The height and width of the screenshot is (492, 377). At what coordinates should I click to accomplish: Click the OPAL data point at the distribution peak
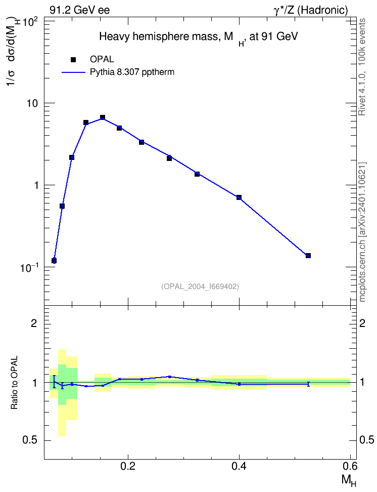[103, 117]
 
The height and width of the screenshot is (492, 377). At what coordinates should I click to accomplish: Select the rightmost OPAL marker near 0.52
[308, 256]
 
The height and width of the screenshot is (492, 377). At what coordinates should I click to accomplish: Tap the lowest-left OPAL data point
[54, 261]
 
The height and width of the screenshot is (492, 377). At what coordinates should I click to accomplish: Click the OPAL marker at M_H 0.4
[239, 197]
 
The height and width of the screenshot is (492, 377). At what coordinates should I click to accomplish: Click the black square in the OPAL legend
[73, 60]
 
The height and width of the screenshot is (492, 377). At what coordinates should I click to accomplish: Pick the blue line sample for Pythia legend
[73, 72]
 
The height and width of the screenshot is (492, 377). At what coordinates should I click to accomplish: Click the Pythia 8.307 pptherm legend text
[132, 72]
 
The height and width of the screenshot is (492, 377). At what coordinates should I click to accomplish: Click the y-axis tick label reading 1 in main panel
[36, 185]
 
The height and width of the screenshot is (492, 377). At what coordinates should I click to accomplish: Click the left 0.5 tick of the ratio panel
[30, 440]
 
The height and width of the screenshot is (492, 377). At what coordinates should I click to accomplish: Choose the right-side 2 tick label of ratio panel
[362, 323]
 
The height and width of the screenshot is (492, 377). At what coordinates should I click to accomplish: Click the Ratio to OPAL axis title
[14, 383]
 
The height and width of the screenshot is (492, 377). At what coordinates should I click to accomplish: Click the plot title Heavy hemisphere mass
[199, 37]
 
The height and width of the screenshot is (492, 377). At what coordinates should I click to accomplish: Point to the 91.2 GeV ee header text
[80, 10]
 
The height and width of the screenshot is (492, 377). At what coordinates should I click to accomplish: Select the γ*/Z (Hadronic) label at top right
[311, 10]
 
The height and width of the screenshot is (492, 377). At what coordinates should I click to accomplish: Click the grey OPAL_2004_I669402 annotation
[200, 286]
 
